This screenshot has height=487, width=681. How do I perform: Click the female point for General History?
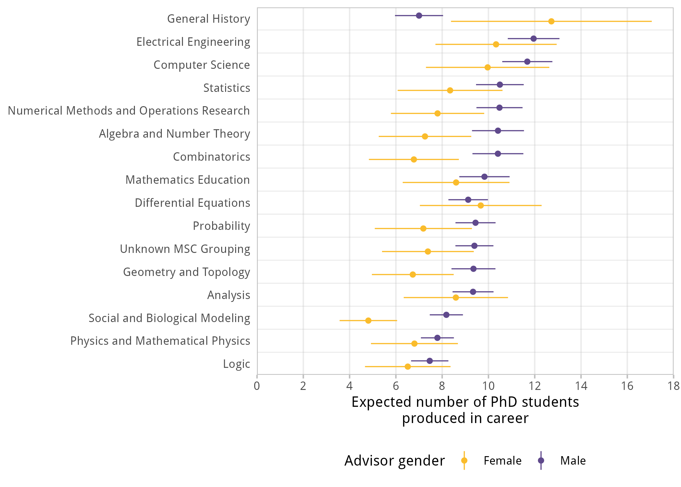tap(551, 21)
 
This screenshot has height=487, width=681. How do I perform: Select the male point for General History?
tap(419, 16)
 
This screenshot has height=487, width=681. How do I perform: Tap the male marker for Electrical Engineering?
tap(533, 39)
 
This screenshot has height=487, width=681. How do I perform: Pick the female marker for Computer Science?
tap(487, 68)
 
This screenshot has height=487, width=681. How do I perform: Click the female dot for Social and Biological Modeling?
tap(368, 320)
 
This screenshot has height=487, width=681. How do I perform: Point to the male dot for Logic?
tap(430, 361)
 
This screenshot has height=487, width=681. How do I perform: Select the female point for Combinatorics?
tap(414, 159)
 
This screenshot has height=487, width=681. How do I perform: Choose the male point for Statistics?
tap(500, 85)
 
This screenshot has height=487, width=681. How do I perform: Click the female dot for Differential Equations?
tap(481, 206)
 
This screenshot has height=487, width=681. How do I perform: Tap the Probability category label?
tap(221, 226)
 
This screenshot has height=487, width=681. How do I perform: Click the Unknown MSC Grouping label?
tap(185, 249)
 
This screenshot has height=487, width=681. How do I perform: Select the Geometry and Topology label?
tap(186, 272)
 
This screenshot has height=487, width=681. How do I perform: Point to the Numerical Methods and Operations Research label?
tap(129, 111)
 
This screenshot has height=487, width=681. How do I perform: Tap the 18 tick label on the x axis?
tap(674, 386)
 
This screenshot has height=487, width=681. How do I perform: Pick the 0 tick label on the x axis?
tap(257, 386)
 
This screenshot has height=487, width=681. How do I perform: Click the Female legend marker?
tap(464, 460)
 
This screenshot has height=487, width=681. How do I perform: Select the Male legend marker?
tap(541, 460)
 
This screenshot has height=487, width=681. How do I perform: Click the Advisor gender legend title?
tap(394, 460)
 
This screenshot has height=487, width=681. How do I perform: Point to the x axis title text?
tap(465, 410)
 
